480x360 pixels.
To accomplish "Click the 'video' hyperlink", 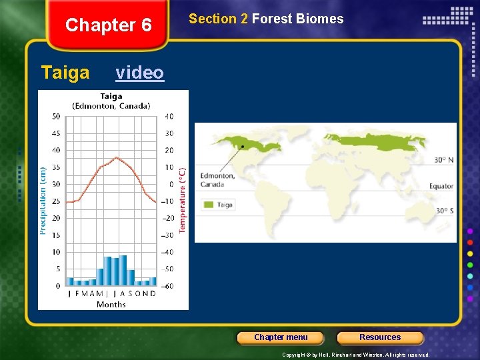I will pyautogui.click(x=139, y=72).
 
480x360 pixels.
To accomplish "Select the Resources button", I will pyautogui.click(x=380, y=337).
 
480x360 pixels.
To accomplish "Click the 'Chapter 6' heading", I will pyautogui.click(x=109, y=25).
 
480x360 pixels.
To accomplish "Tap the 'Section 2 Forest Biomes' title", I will pyautogui.click(x=266, y=19).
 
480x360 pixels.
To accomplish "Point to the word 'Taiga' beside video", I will pyautogui.click(x=65, y=72).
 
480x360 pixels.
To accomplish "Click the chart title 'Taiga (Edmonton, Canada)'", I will pyautogui.click(x=111, y=101).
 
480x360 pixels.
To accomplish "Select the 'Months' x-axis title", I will pyautogui.click(x=111, y=305).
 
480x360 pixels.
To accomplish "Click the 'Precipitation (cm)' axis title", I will pyautogui.click(x=43, y=200).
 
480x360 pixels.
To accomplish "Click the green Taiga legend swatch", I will pyautogui.click(x=209, y=205).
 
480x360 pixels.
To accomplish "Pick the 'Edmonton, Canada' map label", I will pyautogui.click(x=217, y=180).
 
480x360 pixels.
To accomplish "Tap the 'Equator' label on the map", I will pyautogui.click(x=441, y=187).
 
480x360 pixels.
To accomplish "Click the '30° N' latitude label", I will pyautogui.click(x=443, y=160).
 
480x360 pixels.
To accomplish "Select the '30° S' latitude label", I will pyautogui.click(x=444, y=211).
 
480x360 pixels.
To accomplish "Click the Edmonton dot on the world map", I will pyautogui.click(x=242, y=146).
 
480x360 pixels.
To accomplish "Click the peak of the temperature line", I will pyautogui.click(x=117, y=158).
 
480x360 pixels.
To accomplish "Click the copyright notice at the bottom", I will pyautogui.click(x=356, y=355).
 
